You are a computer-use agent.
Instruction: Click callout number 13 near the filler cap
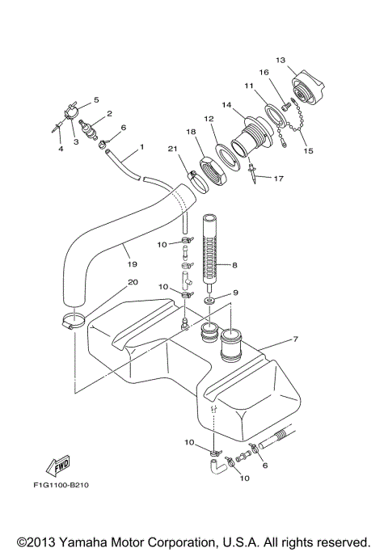click(x=280, y=60)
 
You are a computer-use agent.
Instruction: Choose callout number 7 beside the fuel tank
click(x=295, y=338)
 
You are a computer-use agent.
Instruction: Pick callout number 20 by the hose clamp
click(x=236, y=292)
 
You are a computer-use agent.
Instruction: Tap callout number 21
click(x=172, y=148)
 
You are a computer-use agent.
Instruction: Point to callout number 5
click(x=96, y=100)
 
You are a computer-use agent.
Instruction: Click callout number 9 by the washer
click(x=236, y=292)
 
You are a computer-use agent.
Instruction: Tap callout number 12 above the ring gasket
click(x=208, y=119)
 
